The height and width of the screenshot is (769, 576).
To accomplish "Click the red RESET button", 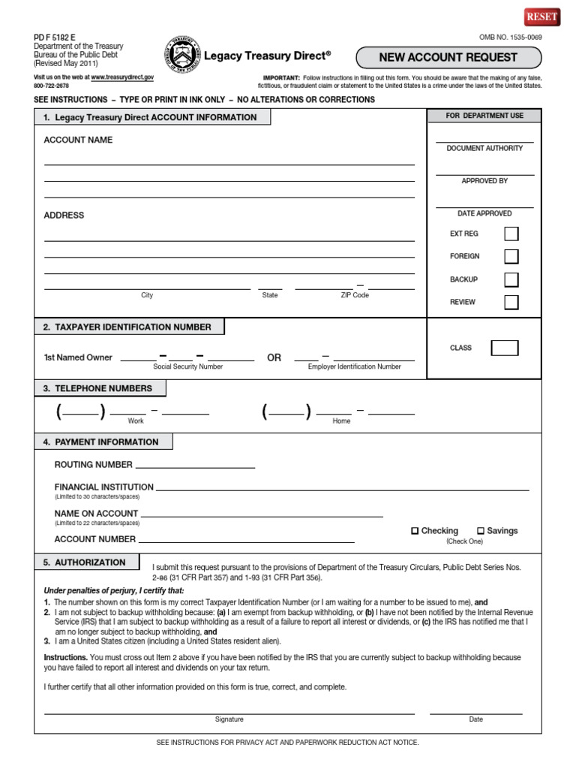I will pos(542,17).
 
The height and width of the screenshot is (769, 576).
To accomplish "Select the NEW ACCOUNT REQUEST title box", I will pos(448,57).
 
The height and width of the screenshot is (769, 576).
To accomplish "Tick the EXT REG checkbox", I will pos(511,234).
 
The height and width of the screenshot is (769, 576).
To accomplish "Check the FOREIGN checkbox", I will pos(511,257).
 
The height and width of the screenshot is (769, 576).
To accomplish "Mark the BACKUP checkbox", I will pos(511,279).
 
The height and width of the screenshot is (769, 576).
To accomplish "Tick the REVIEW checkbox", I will pos(511,303).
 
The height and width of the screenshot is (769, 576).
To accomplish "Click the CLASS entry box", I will pos(504,348).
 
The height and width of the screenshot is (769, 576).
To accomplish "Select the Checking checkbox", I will pos(415,531).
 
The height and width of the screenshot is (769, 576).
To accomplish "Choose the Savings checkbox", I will pos(481,531).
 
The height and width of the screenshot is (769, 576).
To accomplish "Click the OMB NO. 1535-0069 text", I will pos(511,37).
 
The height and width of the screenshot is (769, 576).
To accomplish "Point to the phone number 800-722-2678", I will pos(51,86).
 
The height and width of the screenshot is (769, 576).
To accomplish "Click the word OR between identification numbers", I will pos(274,358).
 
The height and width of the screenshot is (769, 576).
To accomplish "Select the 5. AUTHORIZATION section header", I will pos(86,562).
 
